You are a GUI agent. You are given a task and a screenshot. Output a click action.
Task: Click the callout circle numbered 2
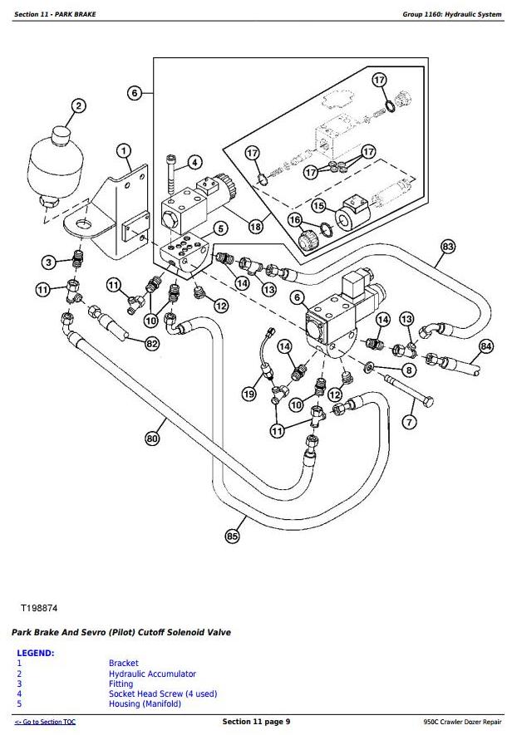coord(78,105)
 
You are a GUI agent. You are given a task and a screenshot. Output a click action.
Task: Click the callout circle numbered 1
coord(123,150)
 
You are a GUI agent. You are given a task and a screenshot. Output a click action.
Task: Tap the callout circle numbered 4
coord(194,162)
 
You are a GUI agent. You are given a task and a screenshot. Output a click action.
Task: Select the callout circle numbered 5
coord(220,228)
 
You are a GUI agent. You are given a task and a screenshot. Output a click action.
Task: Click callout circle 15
coord(318,205)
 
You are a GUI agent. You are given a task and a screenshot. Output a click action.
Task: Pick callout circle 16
coord(294,219)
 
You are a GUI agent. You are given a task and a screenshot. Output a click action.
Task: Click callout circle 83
coord(448,246)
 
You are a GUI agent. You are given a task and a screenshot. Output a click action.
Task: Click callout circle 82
coord(151,343)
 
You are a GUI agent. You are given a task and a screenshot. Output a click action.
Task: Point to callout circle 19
coord(249,393)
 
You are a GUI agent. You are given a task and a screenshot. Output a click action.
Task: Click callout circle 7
coord(408,423)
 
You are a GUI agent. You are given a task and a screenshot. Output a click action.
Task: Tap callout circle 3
coord(49,262)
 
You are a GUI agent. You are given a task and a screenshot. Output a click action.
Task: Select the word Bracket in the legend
coord(123,663)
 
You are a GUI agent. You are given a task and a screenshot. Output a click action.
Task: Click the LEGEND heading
coord(35,653)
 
